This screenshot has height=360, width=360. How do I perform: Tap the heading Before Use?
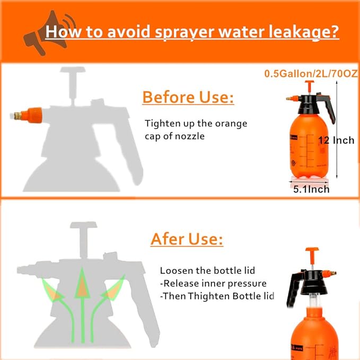pos(188,98)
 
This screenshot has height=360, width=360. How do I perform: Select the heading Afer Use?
pos(187,239)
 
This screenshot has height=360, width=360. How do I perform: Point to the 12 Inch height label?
pos(336,141)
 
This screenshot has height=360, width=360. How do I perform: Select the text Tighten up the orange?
pos(196,124)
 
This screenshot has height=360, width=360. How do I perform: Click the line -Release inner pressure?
pos(213,283)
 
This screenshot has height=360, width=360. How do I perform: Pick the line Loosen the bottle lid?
pos(206,270)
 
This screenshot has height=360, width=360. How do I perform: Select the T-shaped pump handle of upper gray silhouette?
pos(74,80)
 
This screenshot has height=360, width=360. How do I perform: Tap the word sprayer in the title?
pos(181,32)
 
